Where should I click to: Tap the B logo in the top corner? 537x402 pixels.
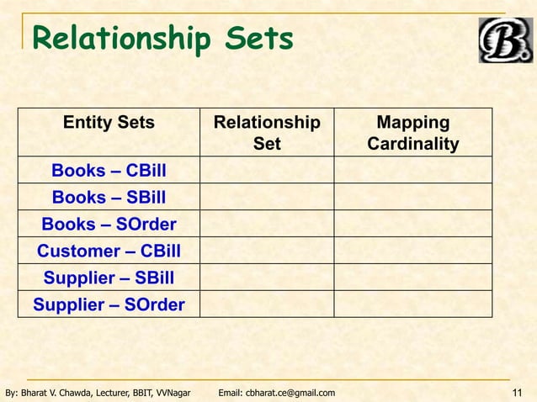pos(505,40)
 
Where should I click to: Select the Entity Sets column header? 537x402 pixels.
pos(109,123)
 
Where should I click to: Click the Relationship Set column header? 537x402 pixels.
pos(267,133)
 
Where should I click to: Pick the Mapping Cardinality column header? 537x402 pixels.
pos(412,133)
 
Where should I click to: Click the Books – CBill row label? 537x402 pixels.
pos(109,171)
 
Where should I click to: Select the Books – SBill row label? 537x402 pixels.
pos(109,198)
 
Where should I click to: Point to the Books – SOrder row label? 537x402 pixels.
pos(109,225)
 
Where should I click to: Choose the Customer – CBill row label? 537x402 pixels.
pos(109,251)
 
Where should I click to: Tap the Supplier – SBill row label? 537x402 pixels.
pos(109,278)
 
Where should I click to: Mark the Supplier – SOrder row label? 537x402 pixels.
pos(109,304)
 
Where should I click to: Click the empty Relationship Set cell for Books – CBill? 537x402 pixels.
pos(267,171)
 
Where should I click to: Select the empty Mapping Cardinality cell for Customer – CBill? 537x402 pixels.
pos(412,251)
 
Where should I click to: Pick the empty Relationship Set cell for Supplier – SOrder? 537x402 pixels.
pos(267,304)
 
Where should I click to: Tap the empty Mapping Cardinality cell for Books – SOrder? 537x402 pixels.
pos(412,225)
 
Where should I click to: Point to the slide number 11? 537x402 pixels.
pos(518,393)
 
